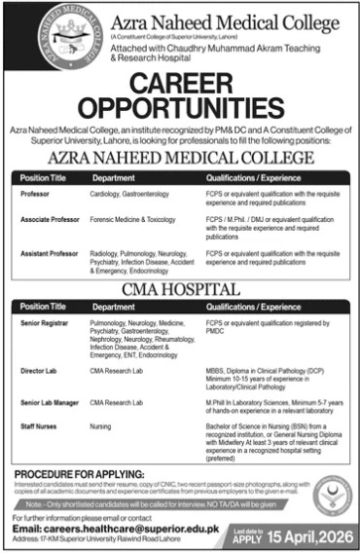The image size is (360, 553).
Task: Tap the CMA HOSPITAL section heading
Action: click(180, 289)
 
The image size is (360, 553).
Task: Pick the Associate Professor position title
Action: click(49, 221)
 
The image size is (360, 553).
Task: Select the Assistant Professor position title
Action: click(49, 252)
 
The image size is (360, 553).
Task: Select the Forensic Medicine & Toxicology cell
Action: click(133, 221)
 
